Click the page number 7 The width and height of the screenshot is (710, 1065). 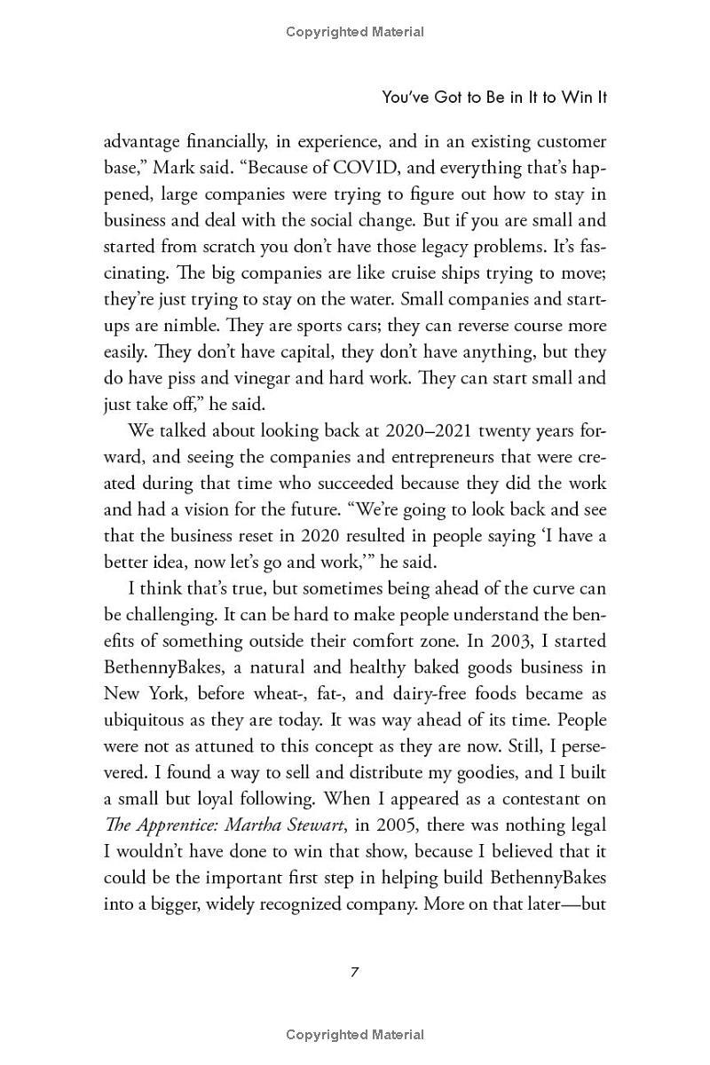point(354,971)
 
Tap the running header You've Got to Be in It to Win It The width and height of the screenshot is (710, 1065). point(494,98)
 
